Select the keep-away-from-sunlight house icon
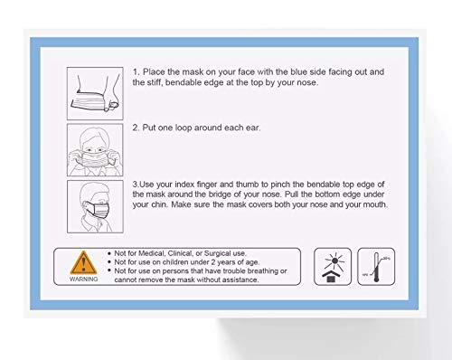pos(330,267)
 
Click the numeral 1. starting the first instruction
pos(136,71)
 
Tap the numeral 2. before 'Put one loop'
pos(136,128)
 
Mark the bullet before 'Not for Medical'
pos(108,252)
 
